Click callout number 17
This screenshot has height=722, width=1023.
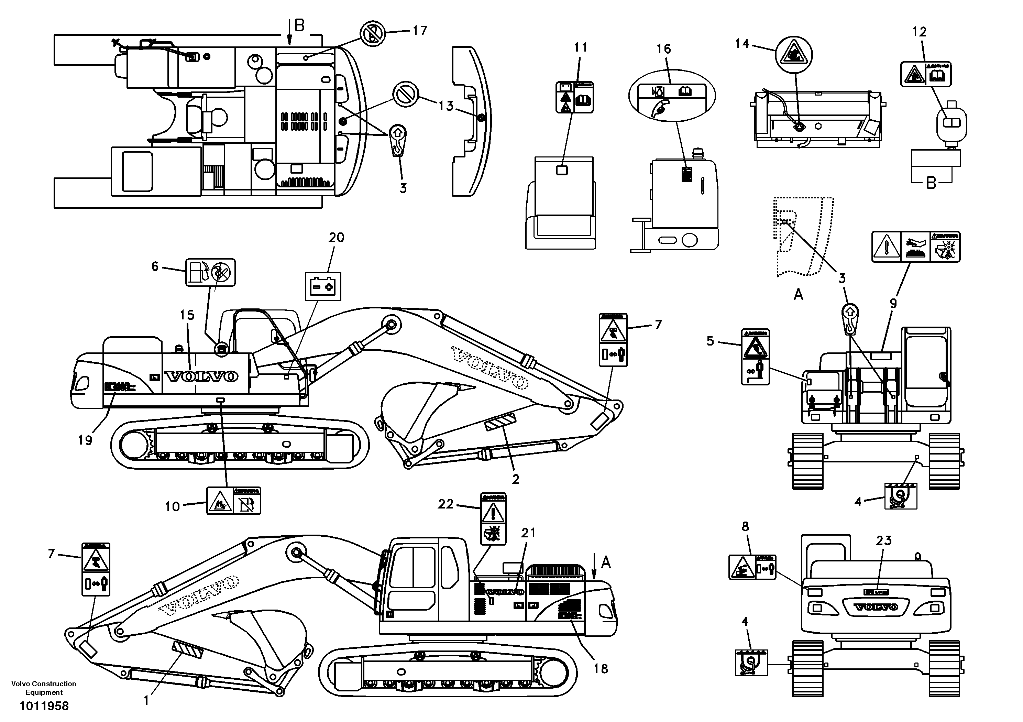click(x=419, y=31)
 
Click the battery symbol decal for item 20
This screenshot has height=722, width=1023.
click(x=322, y=286)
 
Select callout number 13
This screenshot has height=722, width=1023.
click(x=445, y=106)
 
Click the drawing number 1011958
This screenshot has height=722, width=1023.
click(x=44, y=706)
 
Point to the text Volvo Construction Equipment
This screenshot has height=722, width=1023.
click(x=44, y=688)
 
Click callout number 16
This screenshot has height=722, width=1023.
click(x=663, y=49)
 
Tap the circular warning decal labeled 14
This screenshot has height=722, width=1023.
click(x=794, y=56)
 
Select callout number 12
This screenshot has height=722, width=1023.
click(x=919, y=32)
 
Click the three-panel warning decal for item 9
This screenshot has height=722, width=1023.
click(x=916, y=247)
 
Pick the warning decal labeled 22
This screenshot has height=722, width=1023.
click(x=493, y=518)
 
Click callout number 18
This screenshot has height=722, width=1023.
click(x=601, y=668)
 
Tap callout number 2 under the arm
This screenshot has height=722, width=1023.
click(x=516, y=480)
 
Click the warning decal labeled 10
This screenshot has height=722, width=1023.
click(x=233, y=501)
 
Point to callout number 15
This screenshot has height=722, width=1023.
click(x=187, y=315)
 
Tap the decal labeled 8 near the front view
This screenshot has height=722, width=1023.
click(x=752, y=567)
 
